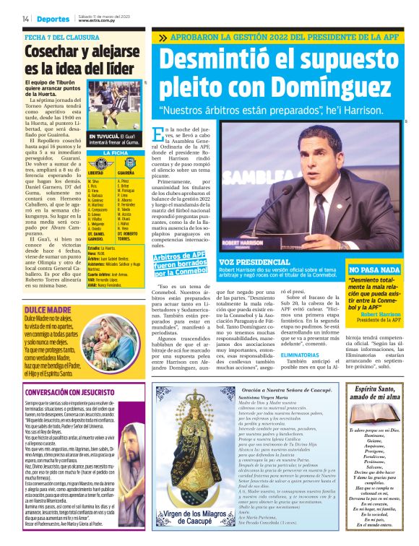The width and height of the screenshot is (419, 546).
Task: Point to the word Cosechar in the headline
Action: (51, 51)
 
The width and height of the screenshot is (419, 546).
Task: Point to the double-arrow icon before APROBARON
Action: (163, 36)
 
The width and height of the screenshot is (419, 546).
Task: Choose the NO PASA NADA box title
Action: (375, 270)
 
